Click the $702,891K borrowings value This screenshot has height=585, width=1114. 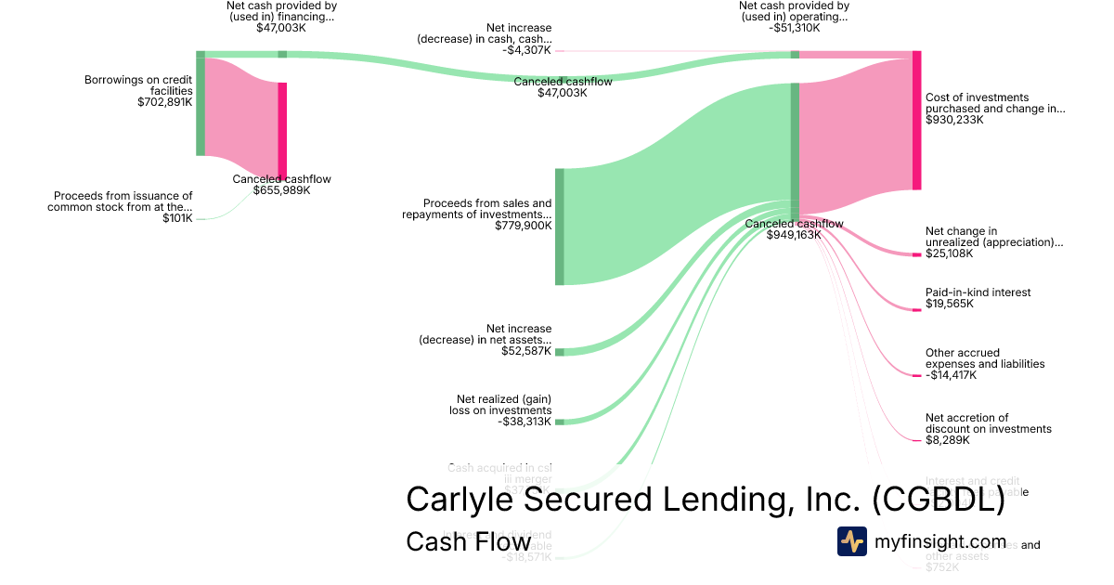(164, 102)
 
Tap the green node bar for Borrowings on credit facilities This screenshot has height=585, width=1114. (200, 103)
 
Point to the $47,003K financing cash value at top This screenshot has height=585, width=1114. (280, 28)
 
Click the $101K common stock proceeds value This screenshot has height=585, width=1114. (177, 218)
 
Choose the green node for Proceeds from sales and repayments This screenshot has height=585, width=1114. (560, 227)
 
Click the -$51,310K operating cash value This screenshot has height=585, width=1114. (794, 28)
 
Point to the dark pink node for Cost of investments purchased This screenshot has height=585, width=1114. (916, 121)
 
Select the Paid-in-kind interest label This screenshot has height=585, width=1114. (978, 292)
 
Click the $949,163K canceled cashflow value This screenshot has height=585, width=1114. (794, 235)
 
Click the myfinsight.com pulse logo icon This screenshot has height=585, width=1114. (852, 541)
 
